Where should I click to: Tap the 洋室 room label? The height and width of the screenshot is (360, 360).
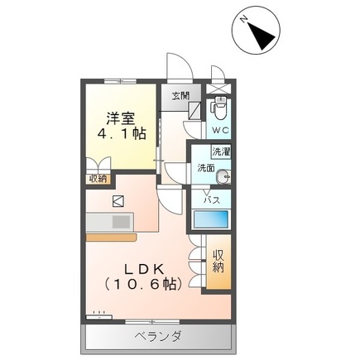coord(121,118)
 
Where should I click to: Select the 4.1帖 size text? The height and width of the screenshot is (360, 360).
coord(121,133)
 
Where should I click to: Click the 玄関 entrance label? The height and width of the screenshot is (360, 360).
coord(180,96)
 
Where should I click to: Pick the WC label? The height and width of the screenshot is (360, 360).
coord(219,131)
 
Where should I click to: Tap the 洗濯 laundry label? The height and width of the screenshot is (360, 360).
coord(220,152)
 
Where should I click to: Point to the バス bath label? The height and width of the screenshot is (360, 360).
coord(212,200)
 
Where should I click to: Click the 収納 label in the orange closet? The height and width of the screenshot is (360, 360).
coord(219,261)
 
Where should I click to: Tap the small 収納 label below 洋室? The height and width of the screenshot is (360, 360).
coord(98,179)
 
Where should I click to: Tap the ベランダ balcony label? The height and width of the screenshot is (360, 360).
coord(158,335)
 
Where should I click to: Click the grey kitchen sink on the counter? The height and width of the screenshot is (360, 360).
coord(121,221)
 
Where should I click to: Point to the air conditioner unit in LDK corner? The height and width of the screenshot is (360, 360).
coord(98,314)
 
